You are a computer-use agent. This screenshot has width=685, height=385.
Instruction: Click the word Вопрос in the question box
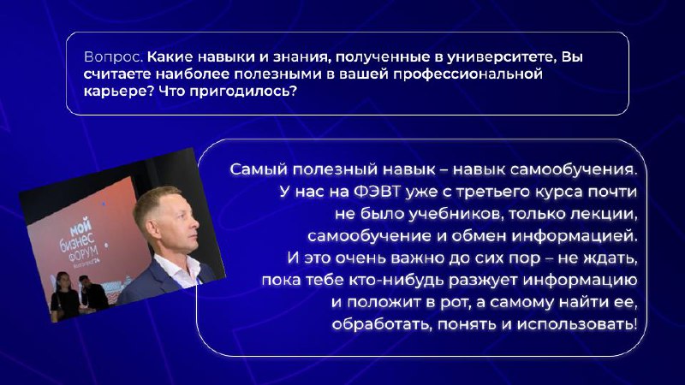click(114, 56)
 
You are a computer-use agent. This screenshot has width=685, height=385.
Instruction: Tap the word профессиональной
click(468, 74)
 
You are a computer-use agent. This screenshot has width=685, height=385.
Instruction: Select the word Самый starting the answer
click(259, 169)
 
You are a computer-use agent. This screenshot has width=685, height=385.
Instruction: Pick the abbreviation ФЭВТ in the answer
click(377, 192)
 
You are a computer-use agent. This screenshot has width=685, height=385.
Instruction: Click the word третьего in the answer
click(493, 192)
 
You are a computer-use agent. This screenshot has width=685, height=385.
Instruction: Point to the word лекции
click(606, 214)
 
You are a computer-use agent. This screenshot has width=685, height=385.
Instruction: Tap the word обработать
click(382, 324)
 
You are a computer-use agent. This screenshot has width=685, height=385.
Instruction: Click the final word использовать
click(577, 324)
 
